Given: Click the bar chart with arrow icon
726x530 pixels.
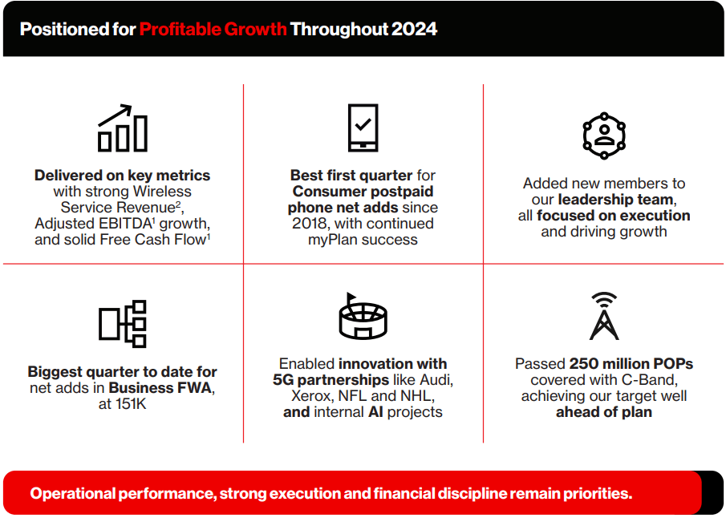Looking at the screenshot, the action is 123,128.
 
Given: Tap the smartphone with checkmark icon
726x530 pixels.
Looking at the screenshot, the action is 363,127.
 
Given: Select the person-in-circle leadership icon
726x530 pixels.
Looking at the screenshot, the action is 604,136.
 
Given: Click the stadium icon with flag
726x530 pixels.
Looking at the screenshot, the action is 363,317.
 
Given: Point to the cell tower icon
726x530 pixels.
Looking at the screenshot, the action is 604,316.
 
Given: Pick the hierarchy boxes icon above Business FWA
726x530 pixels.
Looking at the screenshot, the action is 123,324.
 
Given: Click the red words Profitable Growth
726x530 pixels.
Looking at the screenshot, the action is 213,29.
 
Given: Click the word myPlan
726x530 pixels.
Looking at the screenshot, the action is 333,240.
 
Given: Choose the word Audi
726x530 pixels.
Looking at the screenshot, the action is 435,380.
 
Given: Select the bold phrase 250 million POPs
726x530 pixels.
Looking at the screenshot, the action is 631,364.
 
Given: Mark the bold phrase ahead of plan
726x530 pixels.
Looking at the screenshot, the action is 604,412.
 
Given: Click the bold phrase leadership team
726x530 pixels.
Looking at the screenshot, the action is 615,200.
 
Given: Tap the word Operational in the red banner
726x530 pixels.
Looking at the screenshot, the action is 73,493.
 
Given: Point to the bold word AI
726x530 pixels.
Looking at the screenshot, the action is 375,412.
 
